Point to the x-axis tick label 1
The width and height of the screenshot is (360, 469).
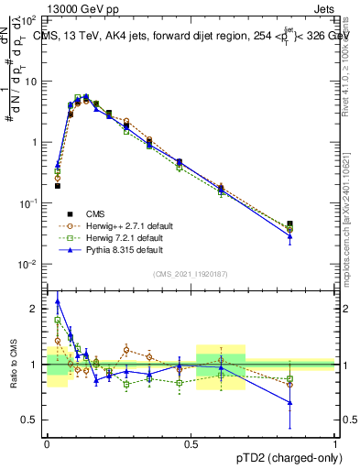coord(335,442)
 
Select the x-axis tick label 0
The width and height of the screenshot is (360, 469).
coord(47,442)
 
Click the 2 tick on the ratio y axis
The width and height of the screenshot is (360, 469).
coord(37,309)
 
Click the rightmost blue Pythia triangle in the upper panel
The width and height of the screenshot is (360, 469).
coord(289,236)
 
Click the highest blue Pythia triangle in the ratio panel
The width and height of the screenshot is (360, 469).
coord(58,300)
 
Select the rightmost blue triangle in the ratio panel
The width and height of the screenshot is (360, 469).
coord(289,402)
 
